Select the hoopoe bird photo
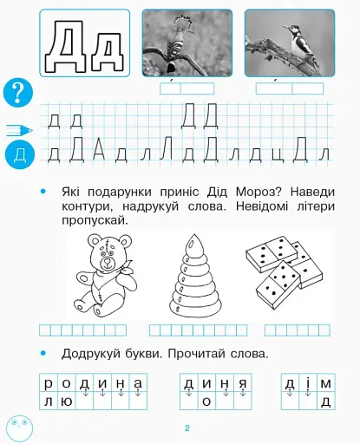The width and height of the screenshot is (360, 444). click(187, 43)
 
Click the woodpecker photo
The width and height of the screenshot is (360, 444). click(289, 43)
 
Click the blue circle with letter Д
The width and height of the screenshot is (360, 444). click(18, 155)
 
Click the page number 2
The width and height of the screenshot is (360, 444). click(187, 428)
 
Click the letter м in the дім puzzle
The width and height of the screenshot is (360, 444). click(325, 383)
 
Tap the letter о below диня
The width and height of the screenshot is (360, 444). click(206, 402)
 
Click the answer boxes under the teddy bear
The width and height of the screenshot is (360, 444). click(83, 330)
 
